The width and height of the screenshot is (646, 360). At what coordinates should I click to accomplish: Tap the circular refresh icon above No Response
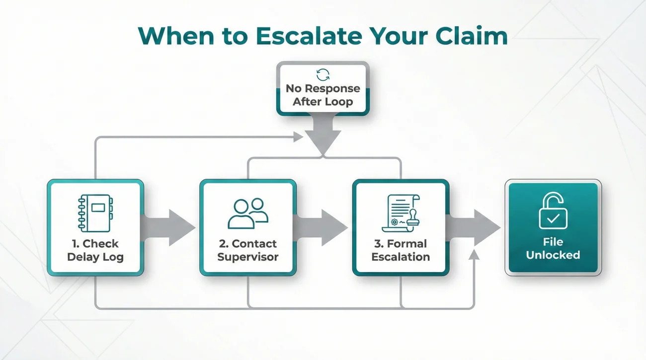323,75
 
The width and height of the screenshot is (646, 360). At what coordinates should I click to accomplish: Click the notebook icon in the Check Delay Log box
95,212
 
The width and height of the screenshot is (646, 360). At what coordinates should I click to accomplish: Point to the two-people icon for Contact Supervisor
247,214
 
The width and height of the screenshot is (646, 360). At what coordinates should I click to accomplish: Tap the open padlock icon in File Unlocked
553,211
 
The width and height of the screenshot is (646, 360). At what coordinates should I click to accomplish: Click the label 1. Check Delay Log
95,250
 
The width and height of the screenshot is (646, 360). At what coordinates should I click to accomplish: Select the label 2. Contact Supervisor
247,250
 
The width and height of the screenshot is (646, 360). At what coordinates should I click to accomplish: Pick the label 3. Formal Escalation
401,250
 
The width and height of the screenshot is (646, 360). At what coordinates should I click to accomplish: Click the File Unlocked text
553,248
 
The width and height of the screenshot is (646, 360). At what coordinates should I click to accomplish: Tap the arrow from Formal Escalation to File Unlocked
475,227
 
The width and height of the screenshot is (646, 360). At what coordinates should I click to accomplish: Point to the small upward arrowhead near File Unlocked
475,256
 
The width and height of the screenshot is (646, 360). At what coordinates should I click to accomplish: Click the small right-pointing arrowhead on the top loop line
298,137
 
